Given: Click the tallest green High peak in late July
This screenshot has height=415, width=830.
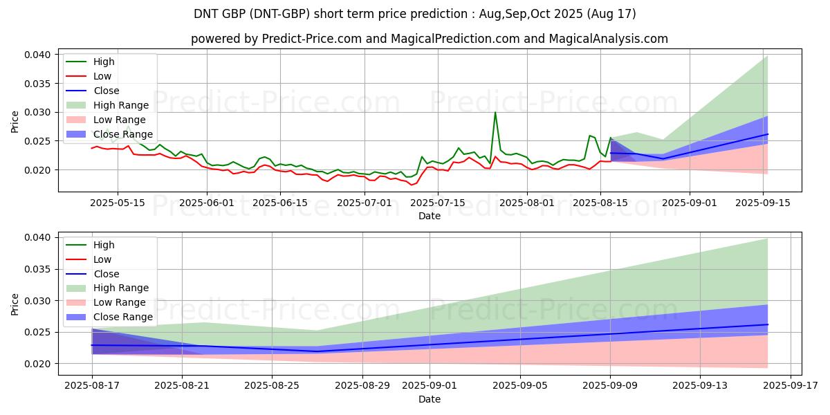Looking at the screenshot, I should click(495, 112).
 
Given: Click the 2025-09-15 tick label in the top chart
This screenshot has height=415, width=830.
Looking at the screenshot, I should click(764, 203).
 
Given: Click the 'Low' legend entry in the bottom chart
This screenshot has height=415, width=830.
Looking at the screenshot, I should click(102, 259).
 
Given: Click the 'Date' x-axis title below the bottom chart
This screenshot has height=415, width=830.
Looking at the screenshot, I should click(429, 399).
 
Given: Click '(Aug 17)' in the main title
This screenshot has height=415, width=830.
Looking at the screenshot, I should click(609, 14).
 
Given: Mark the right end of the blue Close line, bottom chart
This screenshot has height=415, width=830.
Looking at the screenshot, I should click(768, 324).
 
